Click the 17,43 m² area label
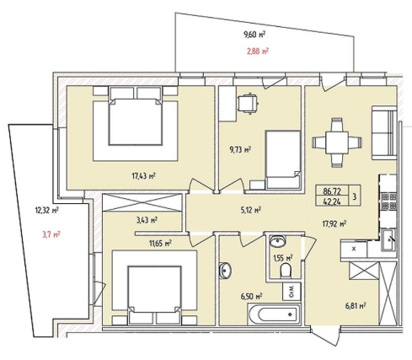(144, 176)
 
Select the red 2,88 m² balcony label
(257, 51)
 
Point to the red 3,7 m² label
(51, 234)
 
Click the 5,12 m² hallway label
(251, 210)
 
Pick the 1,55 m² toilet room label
(283, 257)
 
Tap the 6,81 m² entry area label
(356, 304)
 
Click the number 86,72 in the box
(332, 191)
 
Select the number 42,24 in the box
(332, 201)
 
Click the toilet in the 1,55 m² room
(286, 271)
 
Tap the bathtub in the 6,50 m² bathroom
(274, 314)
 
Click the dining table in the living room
(337, 142)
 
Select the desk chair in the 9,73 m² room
(248, 104)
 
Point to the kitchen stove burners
(389, 201)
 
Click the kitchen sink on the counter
(389, 239)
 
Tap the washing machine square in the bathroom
(292, 292)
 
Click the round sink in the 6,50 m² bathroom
(225, 271)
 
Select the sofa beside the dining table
(384, 132)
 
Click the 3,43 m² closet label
(147, 220)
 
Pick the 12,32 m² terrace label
(46, 210)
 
